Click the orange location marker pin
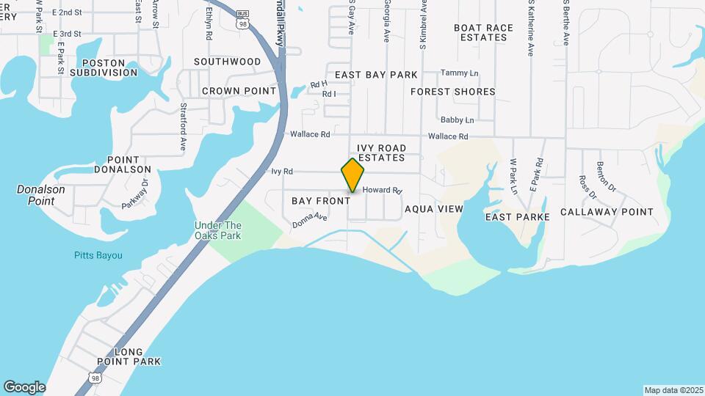click(352, 175)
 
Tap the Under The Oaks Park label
click(217, 230)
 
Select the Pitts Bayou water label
click(98, 255)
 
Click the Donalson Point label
click(41, 194)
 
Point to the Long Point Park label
click(129, 356)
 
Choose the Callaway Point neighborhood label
click(607, 212)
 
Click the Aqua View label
click(434, 209)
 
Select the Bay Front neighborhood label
click(321, 201)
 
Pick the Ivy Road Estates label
click(382, 153)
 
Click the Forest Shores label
click(452, 92)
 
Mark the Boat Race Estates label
click(483, 32)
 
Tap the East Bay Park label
click(376, 75)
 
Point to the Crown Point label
click(239, 91)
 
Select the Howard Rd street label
click(383, 190)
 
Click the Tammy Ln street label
click(459, 73)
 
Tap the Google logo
click(24, 387)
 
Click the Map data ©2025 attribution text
click(673, 390)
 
